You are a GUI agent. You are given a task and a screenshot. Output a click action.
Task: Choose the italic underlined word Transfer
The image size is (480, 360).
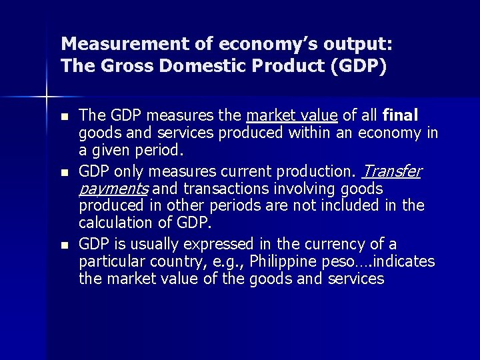(x=391, y=172)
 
